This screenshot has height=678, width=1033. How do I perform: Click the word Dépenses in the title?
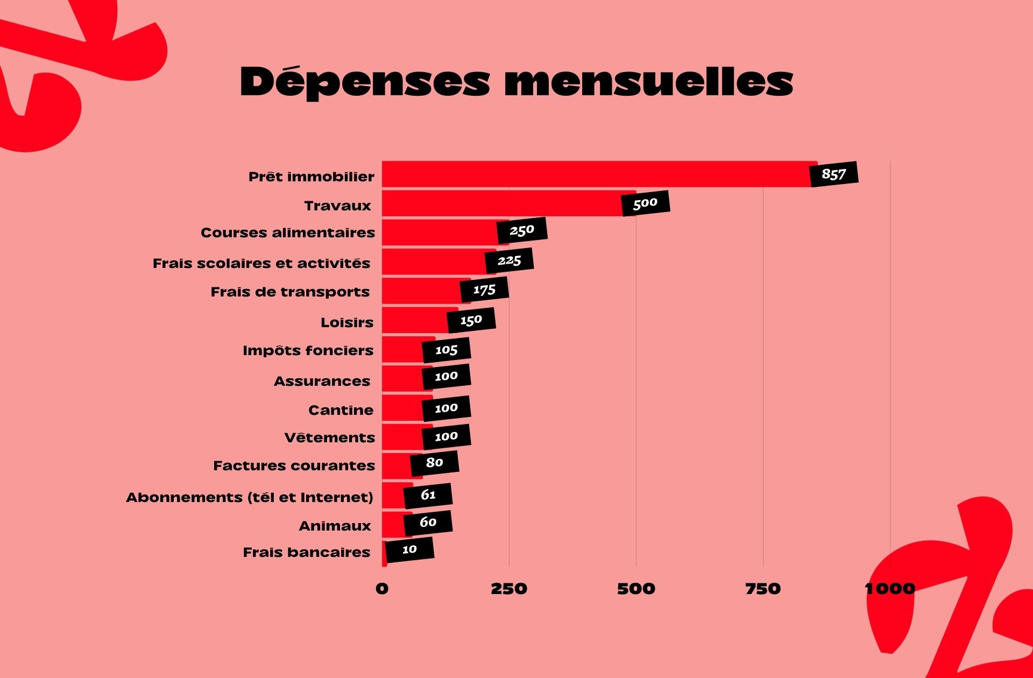pyautogui.click(x=365, y=82)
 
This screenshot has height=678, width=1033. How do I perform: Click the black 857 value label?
pyautogui.click(x=834, y=174)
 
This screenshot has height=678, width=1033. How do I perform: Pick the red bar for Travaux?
pyautogui.click(x=500, y=203)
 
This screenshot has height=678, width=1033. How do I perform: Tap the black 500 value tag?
pyautogui.click(x=646, y=203)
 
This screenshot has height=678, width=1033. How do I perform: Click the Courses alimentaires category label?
pyautogui.click(x=287, y=233)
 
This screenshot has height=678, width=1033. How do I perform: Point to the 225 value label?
pyautogui.click(x=509, y=261)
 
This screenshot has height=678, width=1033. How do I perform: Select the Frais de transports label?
pyautogui.click(x=290, y=292)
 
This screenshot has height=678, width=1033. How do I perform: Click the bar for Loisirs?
pyautogui.click(x=414, y=320)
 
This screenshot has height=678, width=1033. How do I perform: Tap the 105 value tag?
pyautogui.click(x=446, y=350)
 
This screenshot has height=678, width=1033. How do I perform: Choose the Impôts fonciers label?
pyautogui.click(x=308, y=351)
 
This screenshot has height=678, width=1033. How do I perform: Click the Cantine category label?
pyautogui.click(x=341, y=411)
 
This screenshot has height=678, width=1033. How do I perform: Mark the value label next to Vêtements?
pyautogui.click(x=446, y=437)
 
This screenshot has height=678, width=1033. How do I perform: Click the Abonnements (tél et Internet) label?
pyautogui.click(x=250, y=497)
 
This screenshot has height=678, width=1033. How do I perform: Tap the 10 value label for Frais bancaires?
pyautogui.click(x=409, y=550)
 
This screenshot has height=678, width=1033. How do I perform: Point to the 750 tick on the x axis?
pyautogui.click(x=762, y=589)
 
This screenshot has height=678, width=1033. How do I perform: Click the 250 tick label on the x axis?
pyautogui.click(x=508, y=589)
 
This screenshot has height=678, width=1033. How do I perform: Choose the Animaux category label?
pyautogui.click(x=335, y=526)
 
